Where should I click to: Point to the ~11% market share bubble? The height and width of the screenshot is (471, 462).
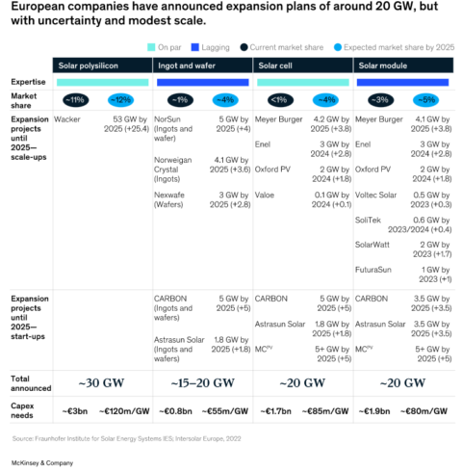click(x=75, y=99)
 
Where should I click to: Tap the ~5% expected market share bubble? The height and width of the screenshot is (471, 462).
click(x=424, y=99)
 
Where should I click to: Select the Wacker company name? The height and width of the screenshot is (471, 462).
click(x=67, y=118)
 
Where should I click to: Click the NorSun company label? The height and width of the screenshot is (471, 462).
click(x=168, y=118)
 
